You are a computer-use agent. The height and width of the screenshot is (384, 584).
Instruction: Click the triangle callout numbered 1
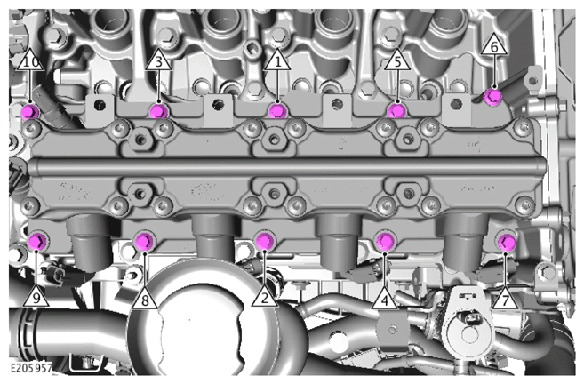(277, 61)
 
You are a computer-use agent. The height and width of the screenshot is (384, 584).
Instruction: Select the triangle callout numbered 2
(265, 298)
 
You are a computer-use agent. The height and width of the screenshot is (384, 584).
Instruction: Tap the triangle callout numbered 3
(158, 61)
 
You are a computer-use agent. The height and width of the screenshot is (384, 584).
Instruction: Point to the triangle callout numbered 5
(397, 61)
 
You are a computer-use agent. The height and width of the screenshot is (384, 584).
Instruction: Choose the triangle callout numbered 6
(494, 46)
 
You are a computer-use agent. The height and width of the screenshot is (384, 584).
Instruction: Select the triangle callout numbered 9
(36, 298)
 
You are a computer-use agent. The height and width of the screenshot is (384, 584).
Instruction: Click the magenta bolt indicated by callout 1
(277, 111)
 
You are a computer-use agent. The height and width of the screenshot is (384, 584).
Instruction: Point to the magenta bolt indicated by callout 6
(493, 97)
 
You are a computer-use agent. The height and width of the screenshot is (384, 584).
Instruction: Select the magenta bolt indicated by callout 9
(38, 242)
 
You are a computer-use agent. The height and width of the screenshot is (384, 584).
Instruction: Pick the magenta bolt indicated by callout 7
(507, 243)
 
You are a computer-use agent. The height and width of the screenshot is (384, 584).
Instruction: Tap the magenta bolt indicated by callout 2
(264, 241)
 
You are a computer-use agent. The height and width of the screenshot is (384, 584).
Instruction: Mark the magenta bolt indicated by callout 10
(30, 111)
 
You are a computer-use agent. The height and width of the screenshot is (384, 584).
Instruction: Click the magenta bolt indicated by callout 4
(385, 242)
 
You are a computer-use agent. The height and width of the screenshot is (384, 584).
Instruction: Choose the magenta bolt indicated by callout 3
(158, 111)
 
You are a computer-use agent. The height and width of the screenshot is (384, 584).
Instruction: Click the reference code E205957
(31, 368)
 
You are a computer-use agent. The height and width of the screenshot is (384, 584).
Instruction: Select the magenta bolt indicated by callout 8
(144, 242)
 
